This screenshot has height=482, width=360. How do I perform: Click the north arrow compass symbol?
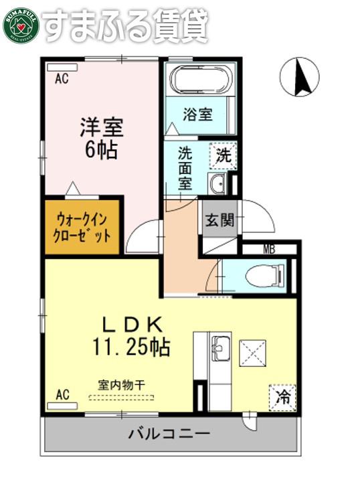(299, 77)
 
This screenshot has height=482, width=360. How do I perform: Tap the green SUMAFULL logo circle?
(21, 26)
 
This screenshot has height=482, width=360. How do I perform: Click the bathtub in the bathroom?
(199, 79)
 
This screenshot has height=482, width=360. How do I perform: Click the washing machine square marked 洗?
(223, 155)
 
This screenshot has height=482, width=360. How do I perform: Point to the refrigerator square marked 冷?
(282, 398)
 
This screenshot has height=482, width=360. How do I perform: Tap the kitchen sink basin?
(221, 348)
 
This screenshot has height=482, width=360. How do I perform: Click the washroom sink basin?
(217, 184)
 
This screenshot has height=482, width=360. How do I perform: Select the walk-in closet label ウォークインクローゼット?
(82, 228)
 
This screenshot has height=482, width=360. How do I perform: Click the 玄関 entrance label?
(219, 220)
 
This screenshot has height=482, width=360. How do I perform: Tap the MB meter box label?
(269, 249)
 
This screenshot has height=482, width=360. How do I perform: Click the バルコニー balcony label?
(169, 434)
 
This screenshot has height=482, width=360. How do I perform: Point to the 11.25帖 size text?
(131, 347)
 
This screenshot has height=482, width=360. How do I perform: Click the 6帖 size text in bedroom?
(101, 150)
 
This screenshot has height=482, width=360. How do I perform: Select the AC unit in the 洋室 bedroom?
(63, 68)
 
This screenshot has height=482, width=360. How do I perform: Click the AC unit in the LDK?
(62, 406)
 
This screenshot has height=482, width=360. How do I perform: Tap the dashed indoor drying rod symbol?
(121, 398)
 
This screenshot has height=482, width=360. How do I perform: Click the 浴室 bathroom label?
(197, 114)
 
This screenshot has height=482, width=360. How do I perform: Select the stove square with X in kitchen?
(252, 353)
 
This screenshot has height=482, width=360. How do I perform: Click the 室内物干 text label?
(121, 384)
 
